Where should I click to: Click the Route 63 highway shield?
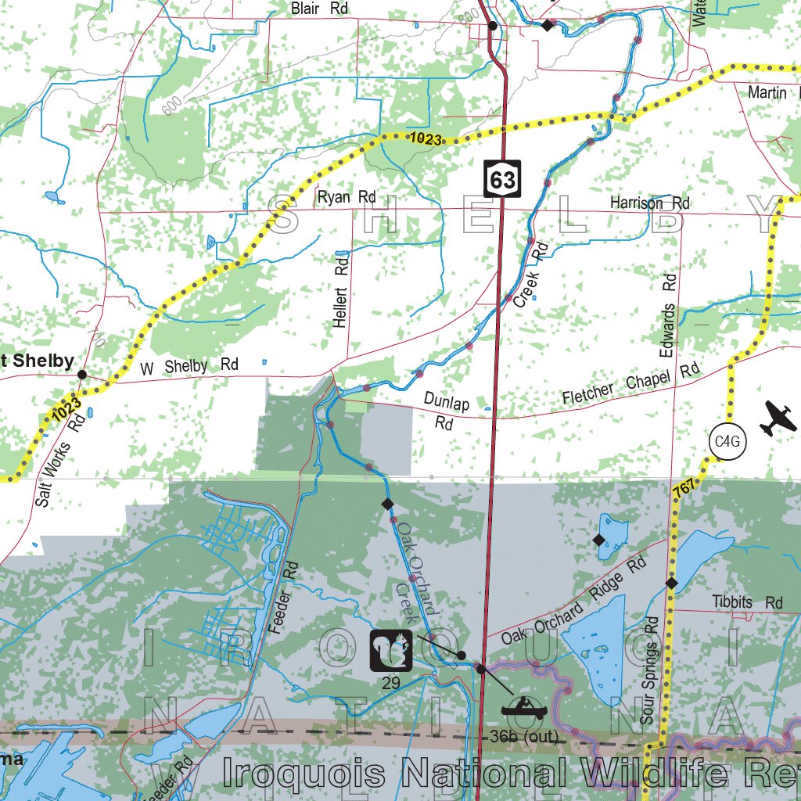(501, 179)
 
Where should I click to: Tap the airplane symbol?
(776, 418)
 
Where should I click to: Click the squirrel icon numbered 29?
(391, 651)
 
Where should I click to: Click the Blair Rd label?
(319, 9)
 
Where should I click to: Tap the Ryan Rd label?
(347, 197)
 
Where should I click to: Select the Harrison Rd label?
(650, 203)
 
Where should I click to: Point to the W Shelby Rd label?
(189, 366)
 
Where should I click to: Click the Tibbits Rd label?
(747, 602)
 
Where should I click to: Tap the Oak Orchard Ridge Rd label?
(574, 600)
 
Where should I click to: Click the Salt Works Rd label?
(59, 461)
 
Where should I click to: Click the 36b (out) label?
(525, 737)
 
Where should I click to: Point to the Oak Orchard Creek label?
(415, 575)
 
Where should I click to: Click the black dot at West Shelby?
(82, 375)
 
